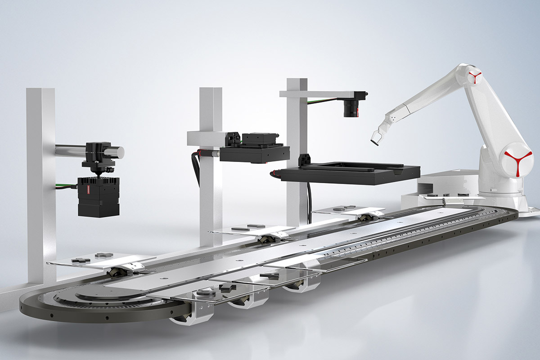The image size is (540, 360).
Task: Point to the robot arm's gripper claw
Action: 376,137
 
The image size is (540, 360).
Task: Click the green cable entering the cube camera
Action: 67,184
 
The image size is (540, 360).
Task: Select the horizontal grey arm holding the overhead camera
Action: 315,94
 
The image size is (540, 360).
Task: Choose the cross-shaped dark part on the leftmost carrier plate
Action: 81,261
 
